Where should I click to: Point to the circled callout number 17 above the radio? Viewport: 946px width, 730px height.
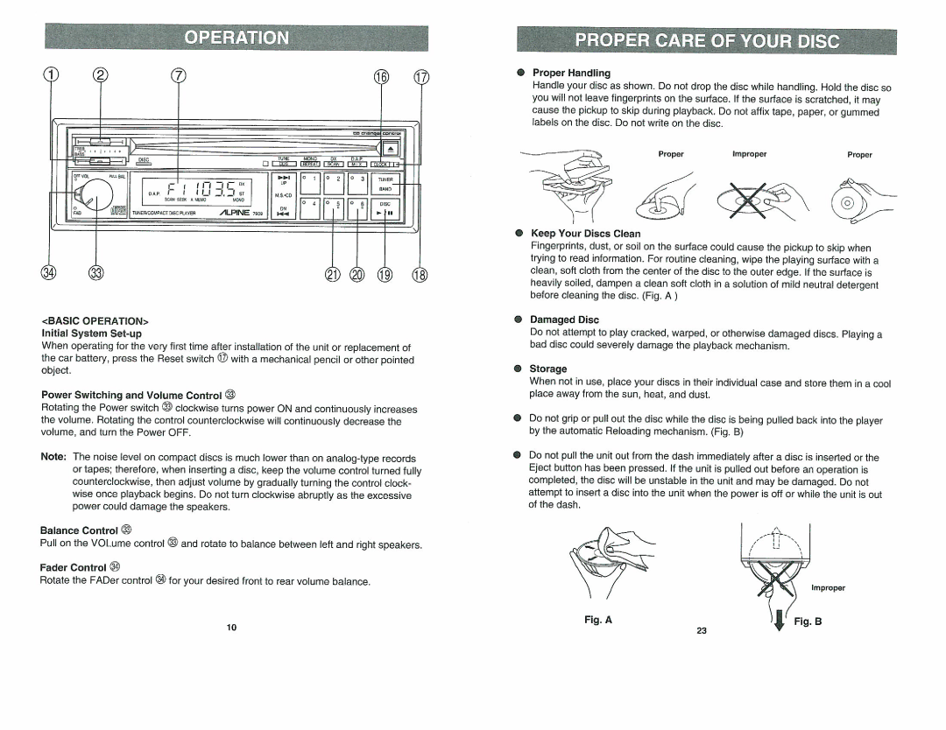(x=421, y=77)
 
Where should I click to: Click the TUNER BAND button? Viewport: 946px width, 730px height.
(x=385, y=183)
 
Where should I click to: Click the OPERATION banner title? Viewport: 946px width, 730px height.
(x=236, y=38)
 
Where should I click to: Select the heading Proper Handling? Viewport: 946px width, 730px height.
(x=571, y=73)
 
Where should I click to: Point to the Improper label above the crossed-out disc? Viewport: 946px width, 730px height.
(x=749, y=154)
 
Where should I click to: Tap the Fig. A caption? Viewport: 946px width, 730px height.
(x=597, y=620)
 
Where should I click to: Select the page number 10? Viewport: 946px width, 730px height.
(x=232, y=628)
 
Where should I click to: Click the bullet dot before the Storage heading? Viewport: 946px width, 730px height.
(x=519, y=369)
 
